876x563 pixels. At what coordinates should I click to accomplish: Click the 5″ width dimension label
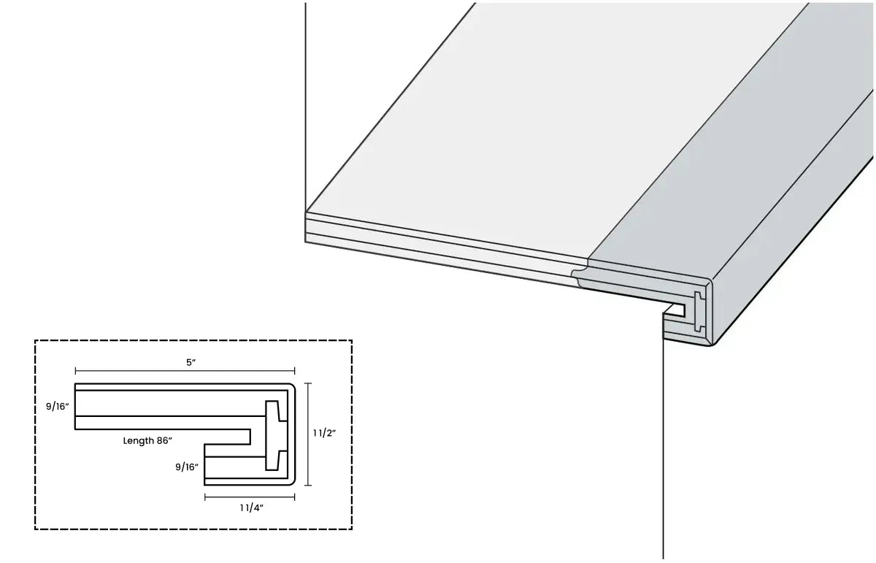pos(191,362)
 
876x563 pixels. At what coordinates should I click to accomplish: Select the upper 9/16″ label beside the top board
pos(58,407)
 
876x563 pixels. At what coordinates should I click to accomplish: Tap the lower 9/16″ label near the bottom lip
pos(187,467)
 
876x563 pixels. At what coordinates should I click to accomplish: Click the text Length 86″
pos(147,440)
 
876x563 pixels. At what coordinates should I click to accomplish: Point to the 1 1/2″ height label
pos(324,433)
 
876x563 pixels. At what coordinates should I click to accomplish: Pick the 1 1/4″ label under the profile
pos(251,508)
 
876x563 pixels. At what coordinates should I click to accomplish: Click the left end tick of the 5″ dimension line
pos(75,371)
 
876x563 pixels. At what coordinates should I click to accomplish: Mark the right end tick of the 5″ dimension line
pos(294,371)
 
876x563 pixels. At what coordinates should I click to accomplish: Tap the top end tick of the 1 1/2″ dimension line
pos(308,383)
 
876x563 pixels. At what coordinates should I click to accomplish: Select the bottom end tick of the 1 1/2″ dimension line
pos(308,486)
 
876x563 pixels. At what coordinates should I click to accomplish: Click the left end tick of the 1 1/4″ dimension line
pos(205,497)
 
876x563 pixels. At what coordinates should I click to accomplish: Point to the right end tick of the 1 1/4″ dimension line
pos(294,497)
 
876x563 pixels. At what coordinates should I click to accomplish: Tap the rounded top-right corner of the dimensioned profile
pos(292,386)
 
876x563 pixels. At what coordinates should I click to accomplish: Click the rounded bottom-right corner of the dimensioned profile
pos(292,482)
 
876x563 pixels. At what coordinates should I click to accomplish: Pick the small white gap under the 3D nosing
pos(675,310)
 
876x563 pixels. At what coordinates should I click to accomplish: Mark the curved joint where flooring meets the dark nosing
pos(580,273)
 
